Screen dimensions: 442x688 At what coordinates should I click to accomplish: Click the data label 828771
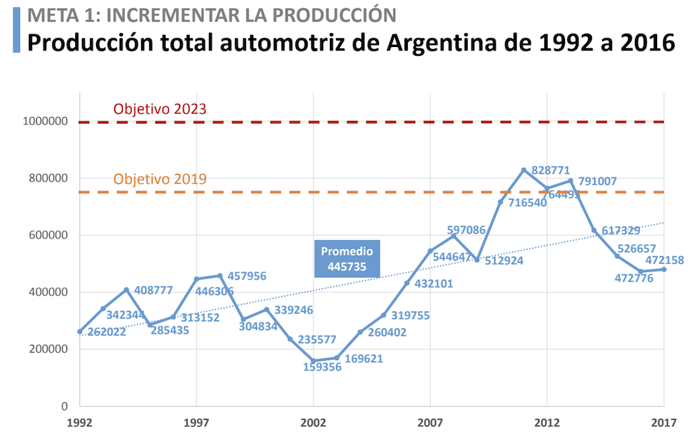point(555,169)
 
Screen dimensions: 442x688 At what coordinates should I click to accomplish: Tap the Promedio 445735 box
point(347,259)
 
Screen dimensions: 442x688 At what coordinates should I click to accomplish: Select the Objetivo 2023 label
point(159,109)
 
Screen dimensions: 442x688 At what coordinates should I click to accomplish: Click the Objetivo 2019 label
point(159,179)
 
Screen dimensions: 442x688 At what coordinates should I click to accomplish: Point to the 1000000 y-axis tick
point(45,122)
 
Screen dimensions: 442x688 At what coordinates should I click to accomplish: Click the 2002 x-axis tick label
point(313,423)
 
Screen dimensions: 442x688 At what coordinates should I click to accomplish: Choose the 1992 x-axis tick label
point(79,423)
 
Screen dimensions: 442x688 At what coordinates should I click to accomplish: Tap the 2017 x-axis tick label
point(664,423)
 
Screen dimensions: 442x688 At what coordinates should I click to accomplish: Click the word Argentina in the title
point(449,42)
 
